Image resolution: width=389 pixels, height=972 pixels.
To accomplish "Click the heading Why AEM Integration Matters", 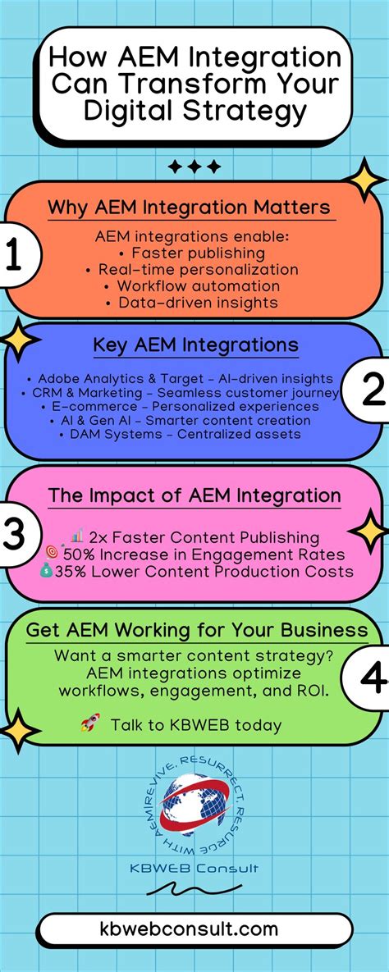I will click(x=189, y=208).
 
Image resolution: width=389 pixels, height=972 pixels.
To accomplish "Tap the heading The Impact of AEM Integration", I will click(x=194, y=495).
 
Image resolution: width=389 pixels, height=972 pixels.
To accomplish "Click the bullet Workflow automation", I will click(x=198, y=286).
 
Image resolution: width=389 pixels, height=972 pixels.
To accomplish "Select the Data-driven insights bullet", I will click(x=198, y=303).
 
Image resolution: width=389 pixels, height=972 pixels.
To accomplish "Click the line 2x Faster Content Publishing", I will click(x=206, y=538).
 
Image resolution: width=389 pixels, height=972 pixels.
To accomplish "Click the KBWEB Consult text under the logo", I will click(x=194, y=868).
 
